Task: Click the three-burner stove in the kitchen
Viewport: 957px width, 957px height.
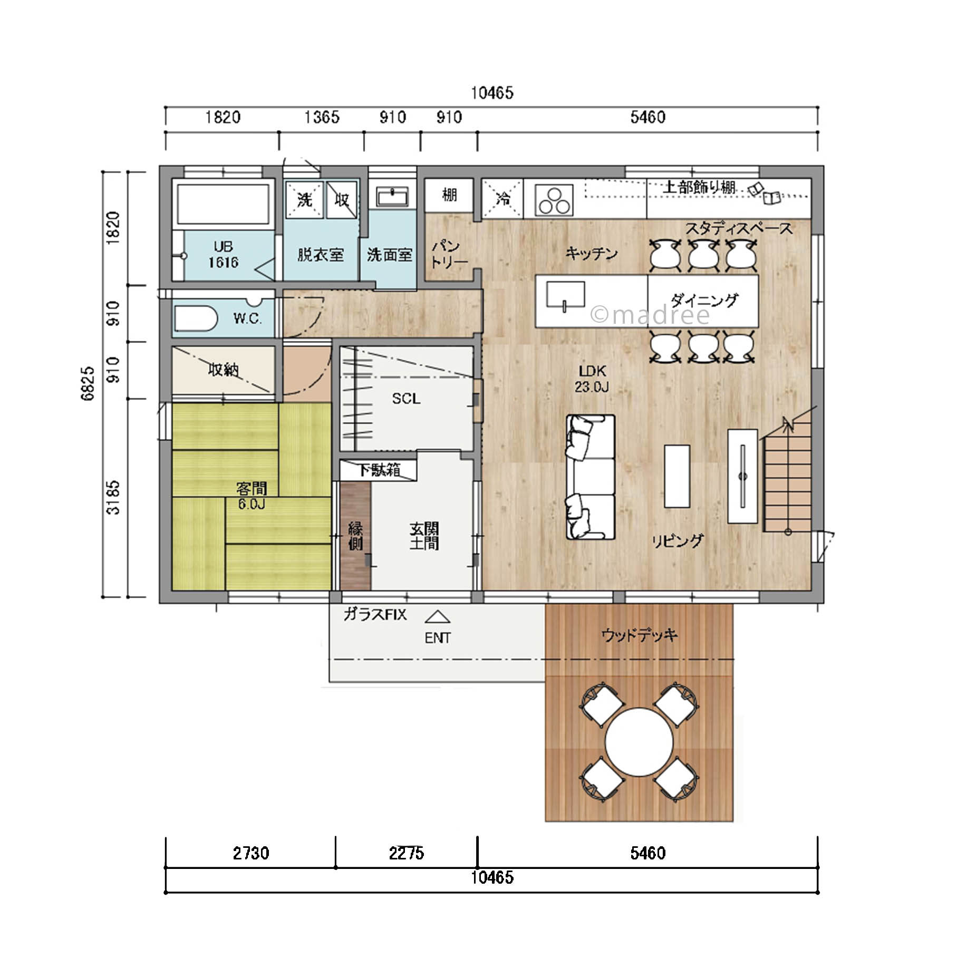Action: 554,200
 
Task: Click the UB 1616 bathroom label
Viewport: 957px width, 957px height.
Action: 223,255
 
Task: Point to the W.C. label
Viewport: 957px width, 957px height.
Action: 247,318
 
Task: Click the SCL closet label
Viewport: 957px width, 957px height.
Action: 406,399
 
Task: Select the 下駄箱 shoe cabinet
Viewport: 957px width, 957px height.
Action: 379,470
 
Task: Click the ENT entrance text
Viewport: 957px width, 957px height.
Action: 438,638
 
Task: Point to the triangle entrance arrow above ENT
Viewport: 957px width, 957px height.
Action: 438,617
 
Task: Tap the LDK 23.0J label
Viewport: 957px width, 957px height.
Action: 592,379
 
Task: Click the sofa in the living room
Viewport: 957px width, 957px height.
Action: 591,477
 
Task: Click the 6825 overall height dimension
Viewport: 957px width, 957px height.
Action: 88,383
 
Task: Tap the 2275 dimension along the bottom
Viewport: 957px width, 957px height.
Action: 407,853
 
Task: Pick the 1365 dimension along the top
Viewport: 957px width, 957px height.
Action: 322,117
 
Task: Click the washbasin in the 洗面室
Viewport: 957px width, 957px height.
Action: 392,197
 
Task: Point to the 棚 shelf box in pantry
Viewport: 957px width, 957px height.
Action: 449,196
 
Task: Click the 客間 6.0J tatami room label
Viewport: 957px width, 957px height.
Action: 252,496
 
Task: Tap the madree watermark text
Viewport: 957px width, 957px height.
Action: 650,315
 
